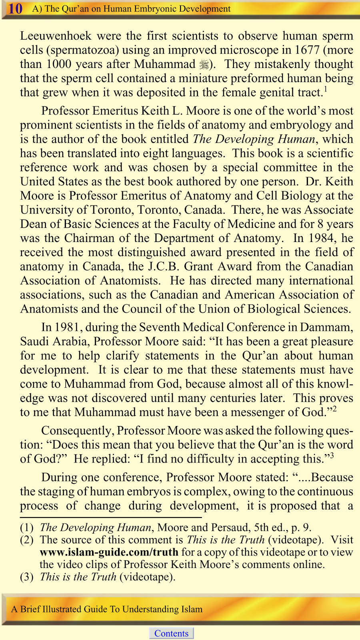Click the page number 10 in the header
point(15,8)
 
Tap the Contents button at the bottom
point(171,633)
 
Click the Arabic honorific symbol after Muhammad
point(204,64)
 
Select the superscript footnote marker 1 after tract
point(326,90)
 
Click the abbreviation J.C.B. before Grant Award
point(163,266)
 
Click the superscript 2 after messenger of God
point(334,409)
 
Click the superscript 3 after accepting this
point(332,456)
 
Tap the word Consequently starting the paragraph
point(78,431)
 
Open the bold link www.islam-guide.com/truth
point(109,552)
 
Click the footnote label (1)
point(27,528)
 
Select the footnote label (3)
point(27,577)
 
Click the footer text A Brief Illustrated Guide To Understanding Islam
point(107,609)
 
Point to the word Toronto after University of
point(112,210)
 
